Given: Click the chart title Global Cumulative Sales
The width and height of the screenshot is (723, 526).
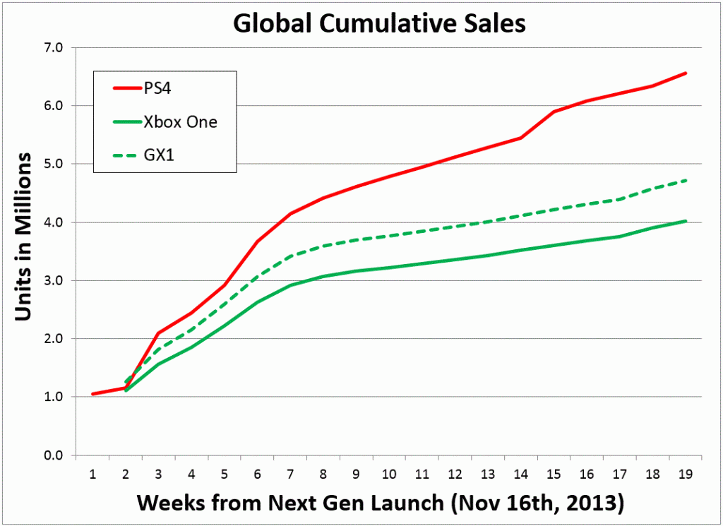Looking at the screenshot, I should [x=379, y=23].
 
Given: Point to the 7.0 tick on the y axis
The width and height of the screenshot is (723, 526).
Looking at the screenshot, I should [x=54, y=48].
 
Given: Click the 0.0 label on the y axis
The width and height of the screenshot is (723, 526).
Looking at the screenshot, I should [x=54, y=455].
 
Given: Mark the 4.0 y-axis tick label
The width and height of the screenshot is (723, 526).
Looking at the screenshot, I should [x=54, y=222].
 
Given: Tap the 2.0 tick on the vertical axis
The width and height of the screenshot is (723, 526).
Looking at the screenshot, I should [x=54, y=339].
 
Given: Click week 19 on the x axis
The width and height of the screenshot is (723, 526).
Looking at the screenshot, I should [x=685, y=471].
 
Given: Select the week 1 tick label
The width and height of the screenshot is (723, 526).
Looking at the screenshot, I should [x=93, y=471].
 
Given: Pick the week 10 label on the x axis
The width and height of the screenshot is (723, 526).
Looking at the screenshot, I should [x=389, y=471].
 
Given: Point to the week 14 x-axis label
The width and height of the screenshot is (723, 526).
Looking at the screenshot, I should [x=520, y=471].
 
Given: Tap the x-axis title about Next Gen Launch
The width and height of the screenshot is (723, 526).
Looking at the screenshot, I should [x=380, y=503].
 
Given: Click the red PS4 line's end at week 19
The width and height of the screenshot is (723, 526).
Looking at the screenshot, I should [x=686, y=73].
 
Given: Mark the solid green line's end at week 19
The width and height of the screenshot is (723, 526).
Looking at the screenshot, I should [x=686, y=221].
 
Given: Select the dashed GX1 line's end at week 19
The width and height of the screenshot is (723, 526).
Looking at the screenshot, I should [x=686, y=180].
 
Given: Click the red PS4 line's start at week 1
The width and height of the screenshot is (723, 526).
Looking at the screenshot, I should [x=93, y=394].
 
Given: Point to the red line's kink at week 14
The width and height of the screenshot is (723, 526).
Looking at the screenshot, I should [x=521, y=138].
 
